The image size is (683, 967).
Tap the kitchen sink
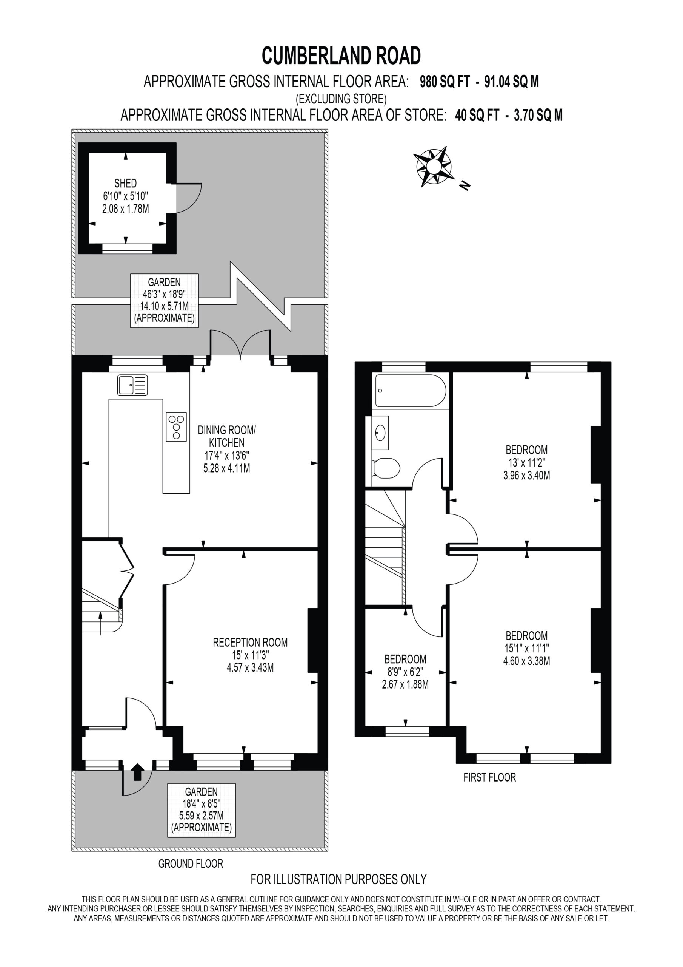coord(132,385)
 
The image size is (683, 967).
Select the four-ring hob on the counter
coord(176,426)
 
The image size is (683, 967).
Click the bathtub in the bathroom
coord(411,391)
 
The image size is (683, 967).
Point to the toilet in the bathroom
coord(386,468)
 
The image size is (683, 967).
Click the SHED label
coord(125,183)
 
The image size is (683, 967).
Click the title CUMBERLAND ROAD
coord(341,56)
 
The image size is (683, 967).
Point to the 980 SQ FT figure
coord(445,82)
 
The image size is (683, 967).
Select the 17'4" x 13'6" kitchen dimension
coord(227,456)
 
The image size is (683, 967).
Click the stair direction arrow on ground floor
coord(100,623)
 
